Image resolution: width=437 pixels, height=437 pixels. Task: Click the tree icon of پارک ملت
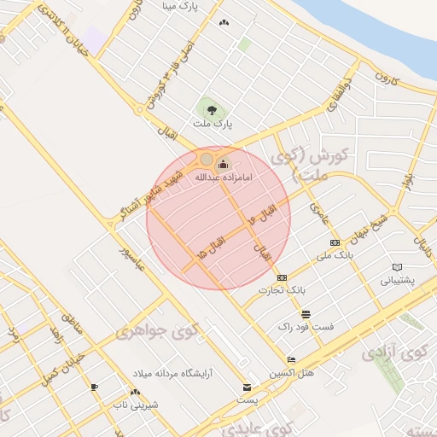coord(210,108)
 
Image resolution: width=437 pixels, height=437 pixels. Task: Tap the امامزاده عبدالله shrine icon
coord(224,164)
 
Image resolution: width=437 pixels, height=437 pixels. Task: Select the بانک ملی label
coord(334,254)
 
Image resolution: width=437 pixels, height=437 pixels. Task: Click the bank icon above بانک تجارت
coord(282,277)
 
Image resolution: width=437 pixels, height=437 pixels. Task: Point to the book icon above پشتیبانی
coord(397,267)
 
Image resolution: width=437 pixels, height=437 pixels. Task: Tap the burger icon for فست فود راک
coord(306,313)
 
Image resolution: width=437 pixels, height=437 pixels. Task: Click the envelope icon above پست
coord(248,387)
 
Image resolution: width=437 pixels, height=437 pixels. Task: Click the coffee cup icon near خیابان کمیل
coord(95,387)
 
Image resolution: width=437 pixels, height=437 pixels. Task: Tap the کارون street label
coord(387,75)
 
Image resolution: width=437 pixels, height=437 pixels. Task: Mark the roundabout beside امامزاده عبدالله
coord(206,160)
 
